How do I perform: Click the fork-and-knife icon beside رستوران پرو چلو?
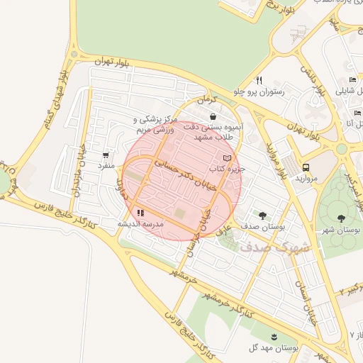[259, 80]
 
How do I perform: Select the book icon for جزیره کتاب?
[227, 158]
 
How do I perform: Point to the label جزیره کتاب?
[226, 170]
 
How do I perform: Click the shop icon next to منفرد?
[106, 155]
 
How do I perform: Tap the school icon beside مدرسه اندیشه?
[140, 212]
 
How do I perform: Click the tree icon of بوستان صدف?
[263, 215]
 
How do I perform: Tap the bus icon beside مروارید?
[306, 167]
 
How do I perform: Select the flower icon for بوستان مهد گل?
[274, 335]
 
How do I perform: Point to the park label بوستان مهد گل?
[273, 347]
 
